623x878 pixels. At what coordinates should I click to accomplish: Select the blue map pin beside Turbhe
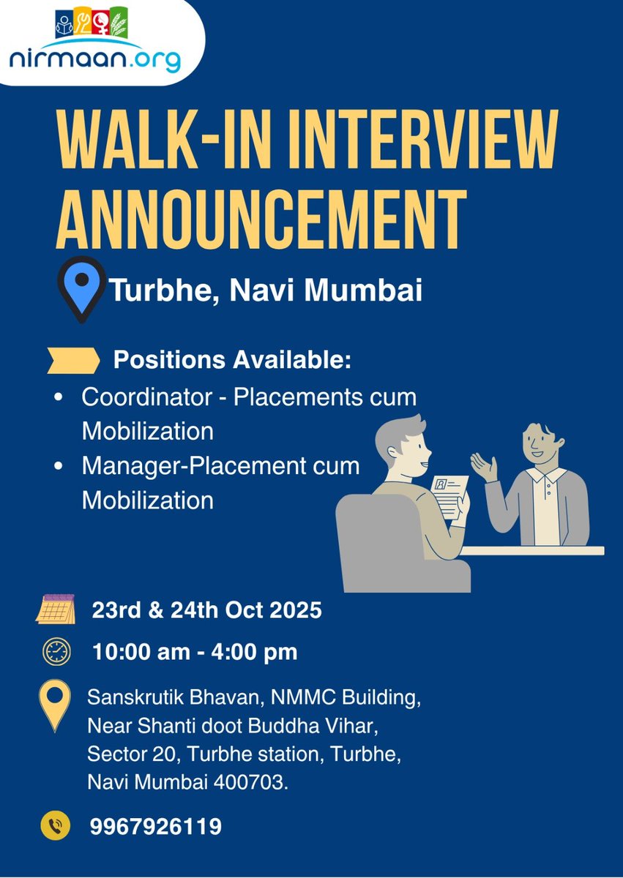click(x=81, y=287)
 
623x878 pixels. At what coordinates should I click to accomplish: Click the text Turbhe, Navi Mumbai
click(x=266, y=290)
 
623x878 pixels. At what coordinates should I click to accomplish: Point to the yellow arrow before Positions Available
click(x=73, y=360)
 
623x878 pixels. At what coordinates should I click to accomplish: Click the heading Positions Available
click(x=232, y=361)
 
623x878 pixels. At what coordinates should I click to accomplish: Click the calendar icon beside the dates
click(x=56, y=609)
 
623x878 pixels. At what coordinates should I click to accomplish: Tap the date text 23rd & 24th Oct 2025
click(x=206, y=610)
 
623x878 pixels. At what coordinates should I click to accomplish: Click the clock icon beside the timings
click(x=56, y=650)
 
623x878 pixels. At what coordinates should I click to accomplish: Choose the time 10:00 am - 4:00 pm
click(x=195, y=651)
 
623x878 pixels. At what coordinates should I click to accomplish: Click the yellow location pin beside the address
click(x=56, y=704)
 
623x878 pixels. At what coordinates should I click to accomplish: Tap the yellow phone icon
click(x=56, y=826)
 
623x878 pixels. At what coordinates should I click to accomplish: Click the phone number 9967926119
click(x=156, y=827)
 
